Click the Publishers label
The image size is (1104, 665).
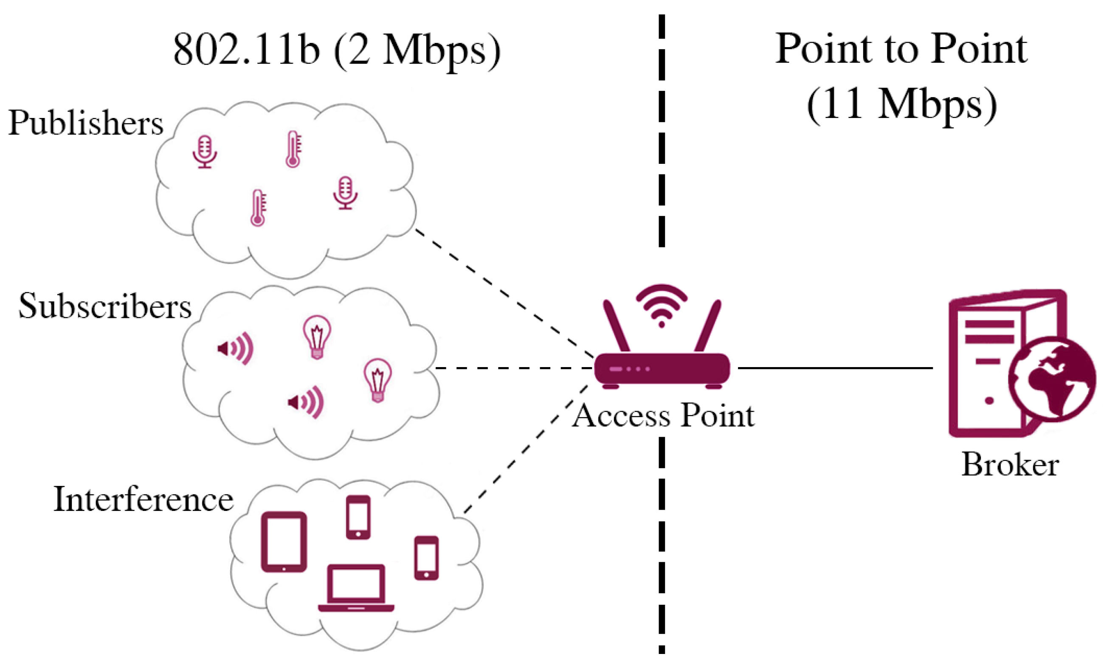[86, 123]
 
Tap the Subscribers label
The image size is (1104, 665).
[105, 306]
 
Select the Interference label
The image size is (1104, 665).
[144, 499]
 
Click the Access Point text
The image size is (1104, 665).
[663, 415]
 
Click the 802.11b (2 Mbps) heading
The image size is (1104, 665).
[337, 50]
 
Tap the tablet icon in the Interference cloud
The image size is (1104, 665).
[284, 542]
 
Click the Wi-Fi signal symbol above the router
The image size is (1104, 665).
[661, 305]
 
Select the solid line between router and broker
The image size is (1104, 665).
[836, 368]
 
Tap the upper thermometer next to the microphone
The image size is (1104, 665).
[293, 149]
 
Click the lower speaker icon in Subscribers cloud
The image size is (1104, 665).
[307, 402]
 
